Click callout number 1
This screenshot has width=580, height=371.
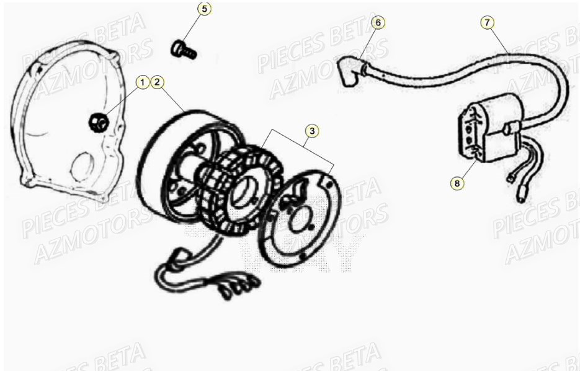(x=143, y=82)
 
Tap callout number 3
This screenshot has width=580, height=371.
(x=312, y=130)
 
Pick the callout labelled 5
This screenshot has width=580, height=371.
(x=205, y=9)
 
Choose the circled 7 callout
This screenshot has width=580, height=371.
(x=488, y=22)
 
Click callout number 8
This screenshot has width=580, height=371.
(x=458, y=183)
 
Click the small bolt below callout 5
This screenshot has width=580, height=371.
(x=183, y=50)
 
